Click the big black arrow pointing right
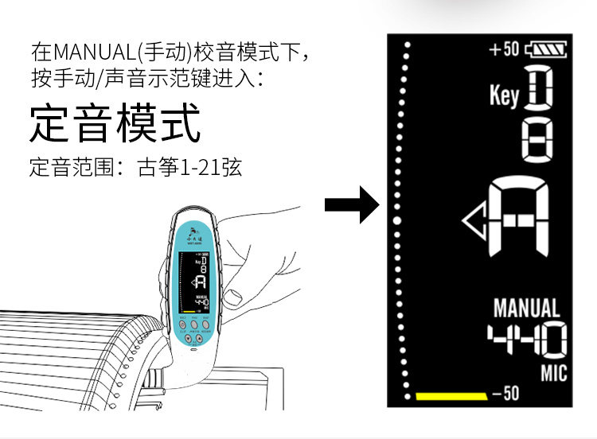(351, 205)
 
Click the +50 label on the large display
(503, 50)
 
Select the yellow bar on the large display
(451, 395)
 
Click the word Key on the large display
(504, 96)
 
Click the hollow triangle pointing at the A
(475, 219)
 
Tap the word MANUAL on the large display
(526, 308)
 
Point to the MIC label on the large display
(553, 372)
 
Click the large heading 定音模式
(115, 126)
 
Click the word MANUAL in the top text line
(93, 53)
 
